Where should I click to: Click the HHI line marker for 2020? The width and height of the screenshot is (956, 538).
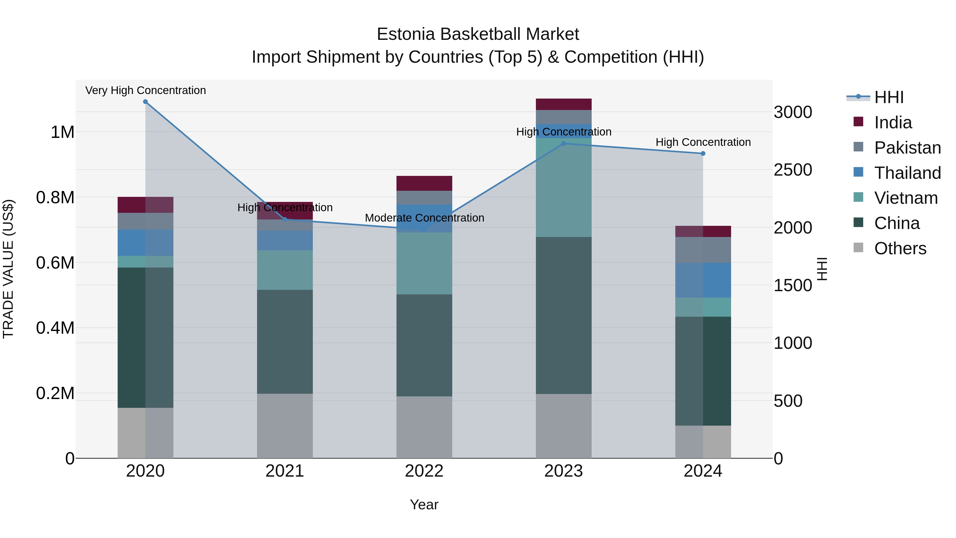click(146, 102)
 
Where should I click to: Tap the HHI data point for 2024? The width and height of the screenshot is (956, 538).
click(703, 153)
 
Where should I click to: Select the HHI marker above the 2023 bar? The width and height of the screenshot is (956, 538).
click(563, 143)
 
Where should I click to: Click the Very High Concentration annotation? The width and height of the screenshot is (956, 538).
click(146, 90)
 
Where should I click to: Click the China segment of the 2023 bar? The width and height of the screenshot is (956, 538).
click(563, 316)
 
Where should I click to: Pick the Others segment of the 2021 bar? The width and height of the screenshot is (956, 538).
click(285, 426)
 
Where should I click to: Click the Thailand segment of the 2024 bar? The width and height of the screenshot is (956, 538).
click(703, 280)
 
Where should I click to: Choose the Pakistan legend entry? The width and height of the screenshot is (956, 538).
click(907, 148)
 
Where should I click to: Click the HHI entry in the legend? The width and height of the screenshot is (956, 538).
click(889, 97)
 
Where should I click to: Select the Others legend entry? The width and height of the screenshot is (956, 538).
click(900, 248)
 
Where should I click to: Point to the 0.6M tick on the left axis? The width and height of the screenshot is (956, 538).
click(55, 263)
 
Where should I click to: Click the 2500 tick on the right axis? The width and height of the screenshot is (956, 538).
click(793, 170)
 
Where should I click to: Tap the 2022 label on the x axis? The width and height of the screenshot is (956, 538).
click(424, 471)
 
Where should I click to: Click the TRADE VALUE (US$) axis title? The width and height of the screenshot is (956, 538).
click(8, 269)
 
